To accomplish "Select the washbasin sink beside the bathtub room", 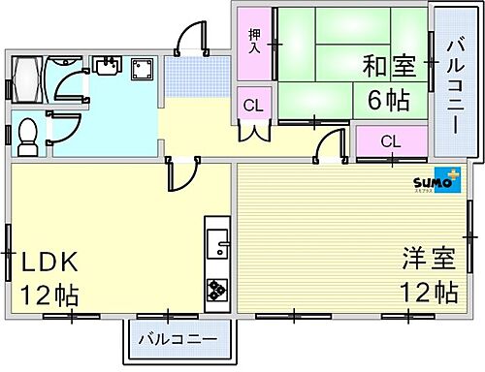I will click(106, 67).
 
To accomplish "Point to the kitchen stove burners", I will click(215, 288).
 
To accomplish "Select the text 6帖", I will click(387, 98).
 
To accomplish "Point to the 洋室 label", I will click(428, 260).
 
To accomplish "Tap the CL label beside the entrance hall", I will click(253, 105).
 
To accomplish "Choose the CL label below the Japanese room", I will click(390, 141).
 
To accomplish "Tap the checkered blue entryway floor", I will click(197, 76).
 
